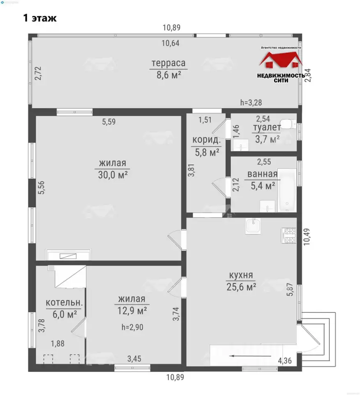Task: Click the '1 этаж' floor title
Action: [40, 18]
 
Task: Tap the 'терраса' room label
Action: [168, 63]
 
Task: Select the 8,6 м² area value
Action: [169, 75]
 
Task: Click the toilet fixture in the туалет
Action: [288, 124]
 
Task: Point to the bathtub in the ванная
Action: [287, 190]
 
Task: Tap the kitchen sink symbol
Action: [253, 226]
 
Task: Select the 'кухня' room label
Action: [241, 275]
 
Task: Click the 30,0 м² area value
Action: [113, 174]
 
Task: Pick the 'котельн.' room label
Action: [64, 302]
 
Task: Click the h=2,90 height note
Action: [132, 327]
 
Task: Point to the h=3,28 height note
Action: [251, 102]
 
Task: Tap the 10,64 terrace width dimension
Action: [170, 43]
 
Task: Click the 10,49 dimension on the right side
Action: [307, 237]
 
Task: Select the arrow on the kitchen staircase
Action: [250, 356]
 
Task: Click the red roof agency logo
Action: [281, 60]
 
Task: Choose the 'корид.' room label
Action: [206, 140]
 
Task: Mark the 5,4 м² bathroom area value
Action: [263, 186]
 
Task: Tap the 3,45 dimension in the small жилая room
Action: [134, 358]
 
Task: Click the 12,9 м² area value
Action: [132, 311]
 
